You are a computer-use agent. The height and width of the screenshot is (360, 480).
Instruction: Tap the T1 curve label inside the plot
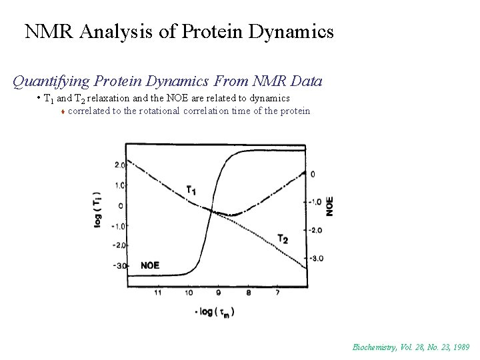click(191, 191)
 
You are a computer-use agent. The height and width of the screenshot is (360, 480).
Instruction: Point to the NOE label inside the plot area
click(150, 265)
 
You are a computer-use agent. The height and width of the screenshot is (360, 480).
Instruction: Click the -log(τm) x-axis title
click(214, 312)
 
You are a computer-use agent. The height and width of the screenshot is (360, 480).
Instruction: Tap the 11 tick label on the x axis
click(158, 293)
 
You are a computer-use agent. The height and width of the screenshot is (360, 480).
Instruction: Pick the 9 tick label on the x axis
click(219, 293)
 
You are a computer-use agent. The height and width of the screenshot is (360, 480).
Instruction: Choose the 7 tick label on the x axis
click(277, 293)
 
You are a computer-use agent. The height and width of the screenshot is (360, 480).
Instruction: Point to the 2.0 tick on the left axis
click(119, 165)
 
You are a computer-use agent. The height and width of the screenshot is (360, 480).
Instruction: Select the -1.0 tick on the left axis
click(118, 226)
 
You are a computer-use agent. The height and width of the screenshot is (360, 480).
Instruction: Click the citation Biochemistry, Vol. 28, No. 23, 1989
click(411, 347)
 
